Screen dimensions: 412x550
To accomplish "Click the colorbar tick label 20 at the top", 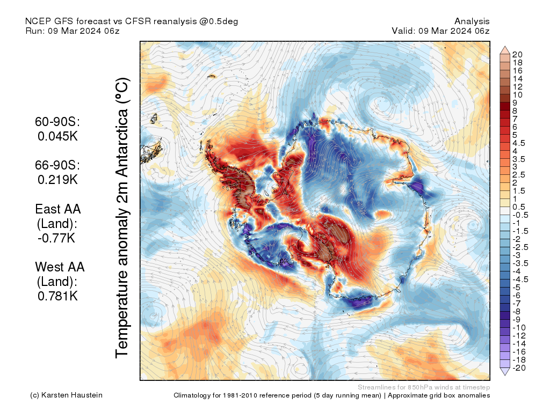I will pos(517,54).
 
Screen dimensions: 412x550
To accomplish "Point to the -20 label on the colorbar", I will pos(519,367).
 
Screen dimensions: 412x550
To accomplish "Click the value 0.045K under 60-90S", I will pos(57,136).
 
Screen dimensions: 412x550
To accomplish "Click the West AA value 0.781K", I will pos(57,295).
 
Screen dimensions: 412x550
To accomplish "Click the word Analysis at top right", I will pos(472,21).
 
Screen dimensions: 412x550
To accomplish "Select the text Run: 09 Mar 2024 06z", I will pos(73,31).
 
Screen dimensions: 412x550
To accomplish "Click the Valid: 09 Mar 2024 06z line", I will pos(440,31).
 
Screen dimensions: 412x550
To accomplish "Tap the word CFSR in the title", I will pos(139,21).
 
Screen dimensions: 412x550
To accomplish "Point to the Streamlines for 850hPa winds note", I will pos(423,387).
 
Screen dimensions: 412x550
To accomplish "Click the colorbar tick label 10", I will pos(517,94).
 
